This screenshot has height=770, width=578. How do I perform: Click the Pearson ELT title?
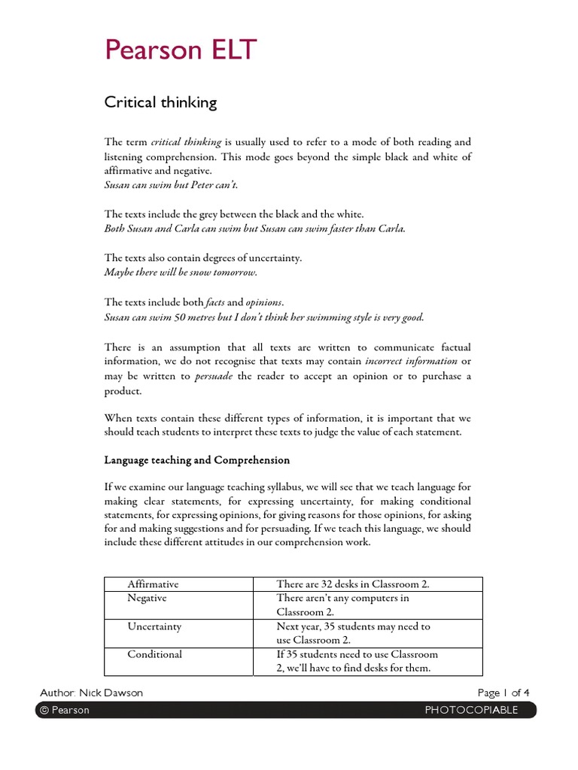(181, 50)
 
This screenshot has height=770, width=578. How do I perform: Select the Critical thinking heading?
(160, 103)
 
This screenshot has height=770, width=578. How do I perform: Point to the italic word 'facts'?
(214, 302)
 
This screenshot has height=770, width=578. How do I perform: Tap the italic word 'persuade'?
(214, 376)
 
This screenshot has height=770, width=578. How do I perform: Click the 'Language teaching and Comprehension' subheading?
(196, 459)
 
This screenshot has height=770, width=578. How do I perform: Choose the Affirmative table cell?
(153, 584)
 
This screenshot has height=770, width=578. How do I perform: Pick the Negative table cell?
(147, 598)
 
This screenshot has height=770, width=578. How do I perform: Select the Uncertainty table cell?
(154, 626)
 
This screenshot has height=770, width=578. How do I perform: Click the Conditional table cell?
(154, 654)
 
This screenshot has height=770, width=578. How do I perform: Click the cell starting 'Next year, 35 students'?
(354, 633)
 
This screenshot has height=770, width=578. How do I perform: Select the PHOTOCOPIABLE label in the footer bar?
(471, 711)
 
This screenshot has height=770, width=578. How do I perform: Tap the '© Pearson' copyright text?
(64, 711)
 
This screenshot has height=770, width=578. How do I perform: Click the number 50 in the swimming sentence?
(181, 317)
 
